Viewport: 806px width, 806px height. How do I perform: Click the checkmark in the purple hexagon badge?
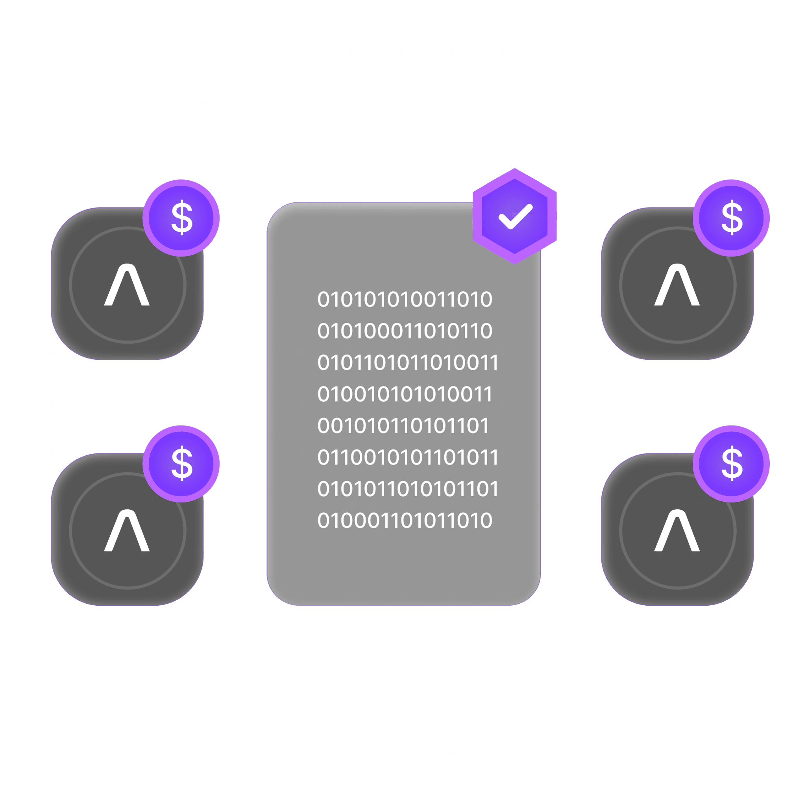pos(515,216)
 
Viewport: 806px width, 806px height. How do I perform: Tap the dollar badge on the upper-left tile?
pos(181,218)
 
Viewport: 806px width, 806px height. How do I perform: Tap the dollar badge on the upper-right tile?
pos(731,218)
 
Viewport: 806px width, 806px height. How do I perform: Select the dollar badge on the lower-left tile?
pos(181,464)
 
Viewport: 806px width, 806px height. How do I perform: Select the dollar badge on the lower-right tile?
pos(731,464)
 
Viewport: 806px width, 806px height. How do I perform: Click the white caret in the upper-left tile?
pos(127,285)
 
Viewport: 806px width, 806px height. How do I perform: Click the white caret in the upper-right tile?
pos(677,285)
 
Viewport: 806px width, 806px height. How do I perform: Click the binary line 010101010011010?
pos(405,299)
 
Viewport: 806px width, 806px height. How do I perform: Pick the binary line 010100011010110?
pos(405,331)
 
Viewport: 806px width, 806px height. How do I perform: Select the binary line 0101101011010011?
pos(408,362)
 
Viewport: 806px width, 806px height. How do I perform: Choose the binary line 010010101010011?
pos(405,394)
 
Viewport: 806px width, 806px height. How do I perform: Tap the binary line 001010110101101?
pos(403,426)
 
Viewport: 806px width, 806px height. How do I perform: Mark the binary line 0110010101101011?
pos(408,458)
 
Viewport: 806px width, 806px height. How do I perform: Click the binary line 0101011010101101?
pos(408,489)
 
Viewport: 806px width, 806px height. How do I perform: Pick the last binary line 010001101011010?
pos(405,521)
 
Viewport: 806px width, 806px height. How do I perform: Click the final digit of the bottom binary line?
pos(486,521)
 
